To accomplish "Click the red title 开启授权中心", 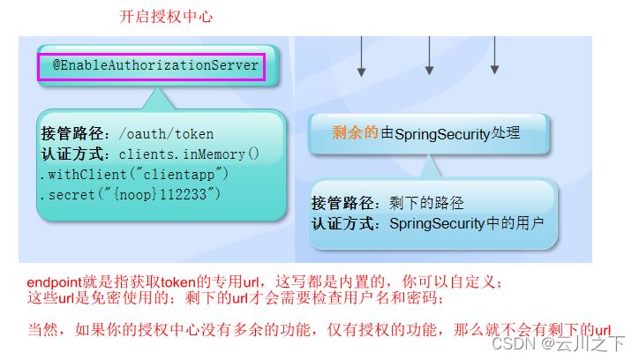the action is pos(166,17).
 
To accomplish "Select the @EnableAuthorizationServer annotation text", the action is pos(155,65).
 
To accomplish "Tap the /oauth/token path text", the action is pos(166,134).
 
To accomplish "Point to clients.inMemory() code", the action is pos(189,154).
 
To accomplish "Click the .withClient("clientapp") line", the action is pos(134,175).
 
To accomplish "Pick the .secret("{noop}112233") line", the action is pos(130,195).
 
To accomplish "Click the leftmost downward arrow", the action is pos(361,56).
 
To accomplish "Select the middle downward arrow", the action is pos(429,56).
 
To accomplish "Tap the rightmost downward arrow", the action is pos(495,56).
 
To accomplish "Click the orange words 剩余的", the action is pos(355,132).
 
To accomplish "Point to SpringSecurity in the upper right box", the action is pos(442,134).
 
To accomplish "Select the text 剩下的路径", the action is pos(426,203).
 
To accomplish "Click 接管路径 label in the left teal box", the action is pos(72,133).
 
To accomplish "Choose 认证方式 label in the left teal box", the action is pos(72,154).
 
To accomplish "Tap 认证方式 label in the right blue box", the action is pos(342,223).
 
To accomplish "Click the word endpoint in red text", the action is pos(55,282).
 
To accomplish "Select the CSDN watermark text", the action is pos(559,343).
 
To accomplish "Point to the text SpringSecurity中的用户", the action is pos(467,223).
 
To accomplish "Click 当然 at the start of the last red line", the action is pos(42,329).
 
